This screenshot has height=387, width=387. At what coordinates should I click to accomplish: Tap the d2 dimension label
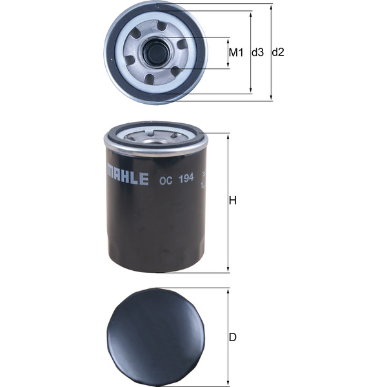coord(278,52)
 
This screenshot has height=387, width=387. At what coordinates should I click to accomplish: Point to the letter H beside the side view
coord(233,201)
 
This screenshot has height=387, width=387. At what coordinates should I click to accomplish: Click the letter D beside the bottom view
coord(233,337)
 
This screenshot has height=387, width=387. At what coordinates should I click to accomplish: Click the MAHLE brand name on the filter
coord(127,178)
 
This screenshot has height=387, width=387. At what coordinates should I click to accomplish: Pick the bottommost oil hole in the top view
coord(150,79)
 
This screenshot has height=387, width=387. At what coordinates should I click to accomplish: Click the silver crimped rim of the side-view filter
coord(155,144)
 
